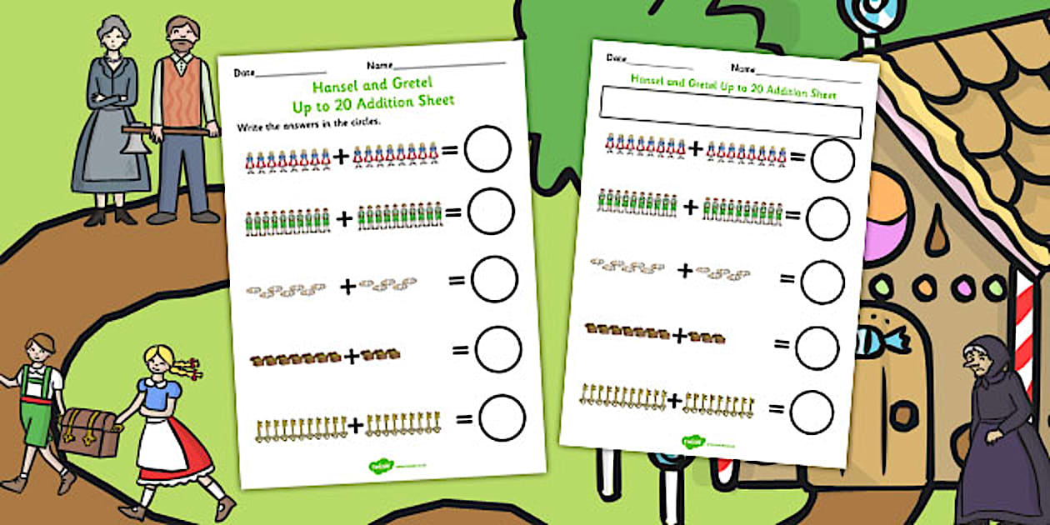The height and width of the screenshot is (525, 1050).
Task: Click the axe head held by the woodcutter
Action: pyautogui.click(x=132, y=142)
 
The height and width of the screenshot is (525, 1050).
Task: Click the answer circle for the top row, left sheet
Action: pyautogui.click(x=487, y=149)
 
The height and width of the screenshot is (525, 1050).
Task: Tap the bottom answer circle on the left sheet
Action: pyautogui.click(x=502, y=417)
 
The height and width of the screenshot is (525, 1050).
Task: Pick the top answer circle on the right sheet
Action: pyautogui.click(x=832, y=160)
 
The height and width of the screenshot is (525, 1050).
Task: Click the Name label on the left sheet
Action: pyautogui.click(x=378, y=65)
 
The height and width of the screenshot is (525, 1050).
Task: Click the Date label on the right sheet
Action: pyautogui.click(x=616, y=58)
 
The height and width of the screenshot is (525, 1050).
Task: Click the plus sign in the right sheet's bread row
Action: pyautogui.click(x=679, y=336)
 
